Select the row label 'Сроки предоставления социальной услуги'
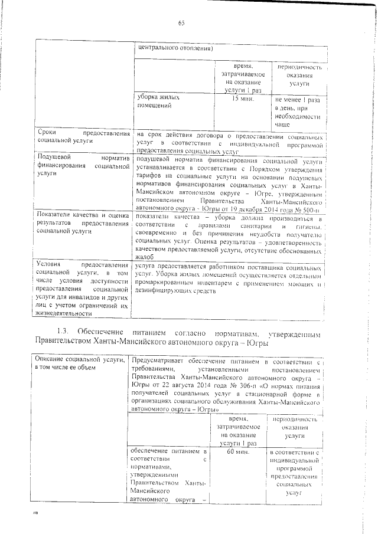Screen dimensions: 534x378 (x=82, y=138)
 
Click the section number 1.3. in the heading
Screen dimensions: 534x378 (x=66, y=328)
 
